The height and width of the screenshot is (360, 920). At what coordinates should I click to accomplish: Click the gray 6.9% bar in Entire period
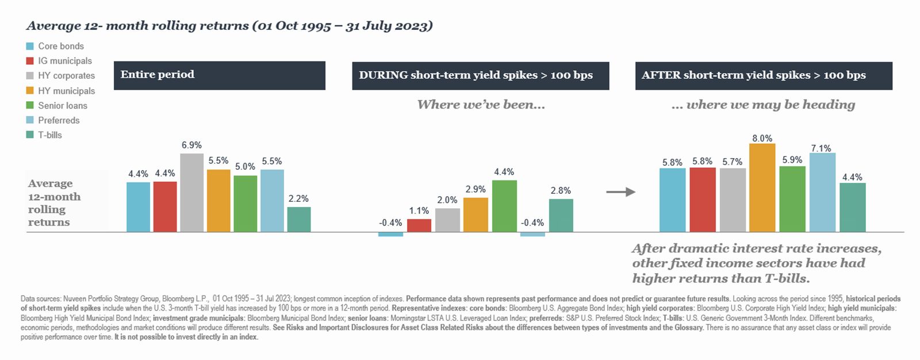pos(191,193)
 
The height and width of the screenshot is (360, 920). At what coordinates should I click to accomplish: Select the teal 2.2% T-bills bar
pos(299,219)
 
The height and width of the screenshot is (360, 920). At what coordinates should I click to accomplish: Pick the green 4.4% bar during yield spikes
pos(504,206)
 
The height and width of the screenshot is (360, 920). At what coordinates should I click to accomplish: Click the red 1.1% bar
pos(419,225)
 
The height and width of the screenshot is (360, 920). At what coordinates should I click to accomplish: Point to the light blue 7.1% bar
pos(822,193)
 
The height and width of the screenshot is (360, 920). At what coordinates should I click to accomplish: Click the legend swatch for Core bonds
pos(30,46)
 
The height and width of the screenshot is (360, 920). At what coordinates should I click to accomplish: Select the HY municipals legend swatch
pos(30,90)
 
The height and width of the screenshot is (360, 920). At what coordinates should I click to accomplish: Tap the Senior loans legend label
pos(63,105)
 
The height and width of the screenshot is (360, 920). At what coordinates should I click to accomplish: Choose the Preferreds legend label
pos(59,120)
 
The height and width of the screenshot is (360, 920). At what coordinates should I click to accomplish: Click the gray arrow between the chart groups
pos(620,192)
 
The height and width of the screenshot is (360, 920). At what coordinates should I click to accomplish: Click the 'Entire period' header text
pos(157,74)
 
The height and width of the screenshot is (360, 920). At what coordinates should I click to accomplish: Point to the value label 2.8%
pos(561,190)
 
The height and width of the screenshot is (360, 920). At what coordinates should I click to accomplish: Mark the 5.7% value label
pos(732,162)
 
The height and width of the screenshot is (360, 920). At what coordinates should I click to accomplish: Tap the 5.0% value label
pos(245,167)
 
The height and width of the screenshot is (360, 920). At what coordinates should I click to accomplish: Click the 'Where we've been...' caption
pos(481,105)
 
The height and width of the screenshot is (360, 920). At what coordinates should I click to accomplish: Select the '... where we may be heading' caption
pos(763,105)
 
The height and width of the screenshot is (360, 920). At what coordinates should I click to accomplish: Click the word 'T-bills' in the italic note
pos(784,278)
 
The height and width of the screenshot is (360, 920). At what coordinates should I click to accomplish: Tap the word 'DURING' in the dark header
pos(384,75)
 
